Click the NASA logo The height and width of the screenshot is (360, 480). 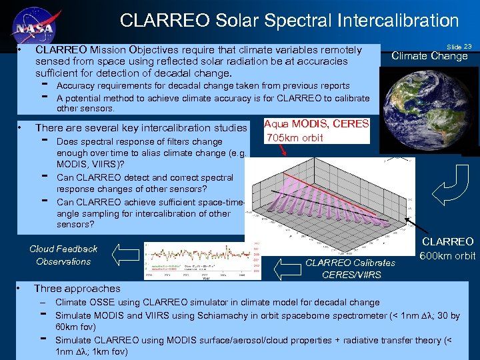[x=34, y=22]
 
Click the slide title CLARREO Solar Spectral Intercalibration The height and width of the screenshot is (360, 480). [x=289, y=21]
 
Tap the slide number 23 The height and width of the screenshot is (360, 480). [x=459, y=47]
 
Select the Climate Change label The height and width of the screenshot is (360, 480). [x=429, y=56]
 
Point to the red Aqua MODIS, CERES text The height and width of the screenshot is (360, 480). [x=317, y=124]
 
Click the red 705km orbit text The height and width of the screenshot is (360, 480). [x=295, y=138]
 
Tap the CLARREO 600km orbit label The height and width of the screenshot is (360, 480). [x=447, y=249]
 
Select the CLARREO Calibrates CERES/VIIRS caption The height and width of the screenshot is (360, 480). [x=350, y=269]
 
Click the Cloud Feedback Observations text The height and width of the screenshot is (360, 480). [x=63, y=255]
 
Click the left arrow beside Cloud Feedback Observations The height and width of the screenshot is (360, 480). [x=124, y=254]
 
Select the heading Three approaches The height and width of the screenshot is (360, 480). [x=77, y=289]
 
